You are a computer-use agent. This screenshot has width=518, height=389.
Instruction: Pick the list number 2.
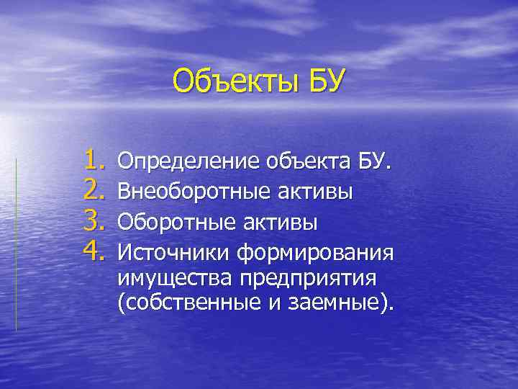click(x=95, y=190)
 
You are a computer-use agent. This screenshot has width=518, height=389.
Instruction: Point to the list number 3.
click(x=95, y=221)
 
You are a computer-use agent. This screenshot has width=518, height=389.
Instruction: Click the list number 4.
click(x=95, y=251)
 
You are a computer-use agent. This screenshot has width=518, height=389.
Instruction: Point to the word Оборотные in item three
click(x=173, y=222)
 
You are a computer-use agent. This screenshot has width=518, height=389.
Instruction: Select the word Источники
click(x=173, y=253)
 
